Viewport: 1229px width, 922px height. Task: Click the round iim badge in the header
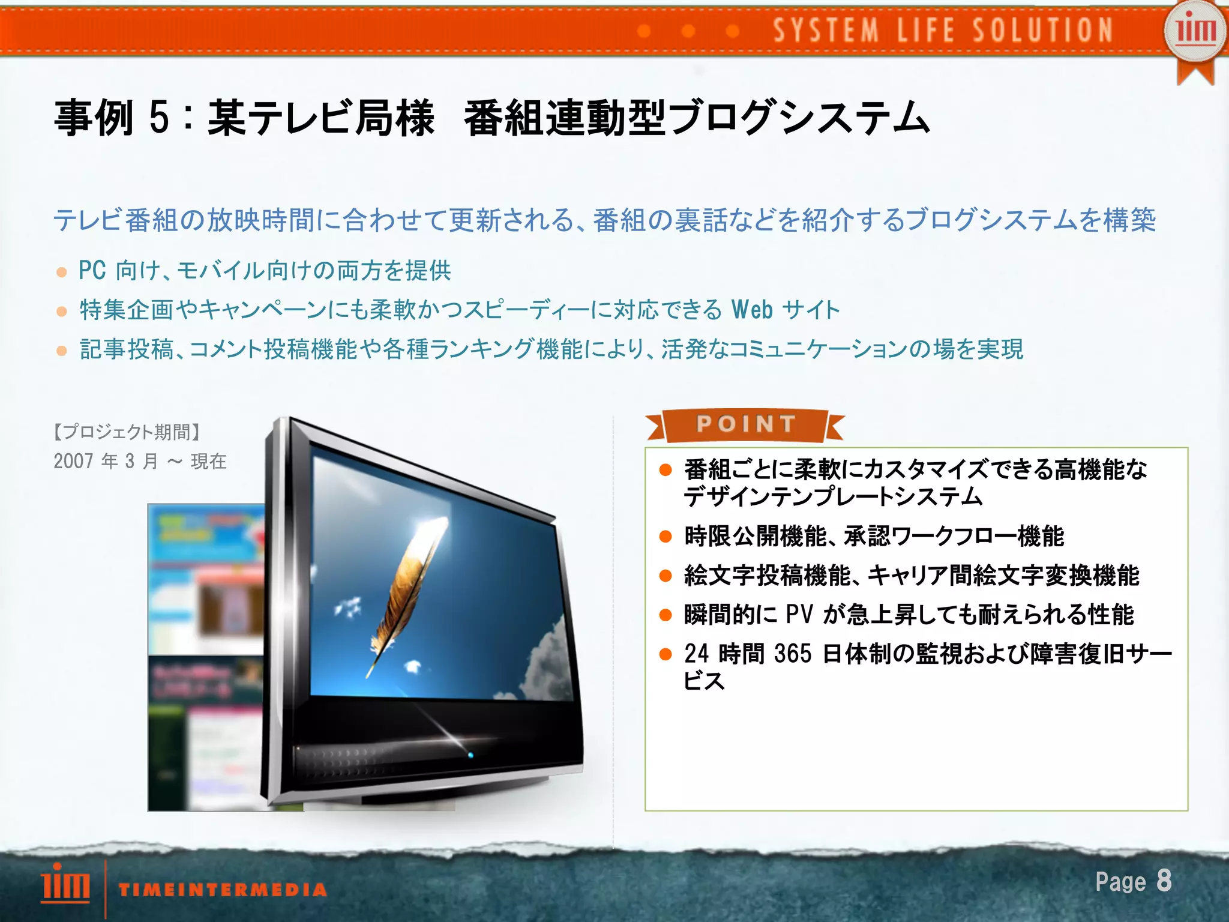coord(1195,31)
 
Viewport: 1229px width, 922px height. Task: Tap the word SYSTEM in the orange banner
coord(826,30)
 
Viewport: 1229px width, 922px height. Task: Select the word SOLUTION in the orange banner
coord(1043,30)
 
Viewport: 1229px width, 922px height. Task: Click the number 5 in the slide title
coord(160,117)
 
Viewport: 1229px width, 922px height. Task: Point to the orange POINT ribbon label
coord(745,424)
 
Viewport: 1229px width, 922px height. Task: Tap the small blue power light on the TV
coord(470,755)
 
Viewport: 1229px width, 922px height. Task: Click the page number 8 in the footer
coord(1164,881)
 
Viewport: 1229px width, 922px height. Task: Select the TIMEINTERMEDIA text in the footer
coord(223,890)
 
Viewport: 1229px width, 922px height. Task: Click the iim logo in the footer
coord(65,883)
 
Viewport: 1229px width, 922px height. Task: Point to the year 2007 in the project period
coord(73,461)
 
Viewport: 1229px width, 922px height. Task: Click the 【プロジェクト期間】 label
coord(127,432)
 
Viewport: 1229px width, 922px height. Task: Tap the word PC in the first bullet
coord(92,270)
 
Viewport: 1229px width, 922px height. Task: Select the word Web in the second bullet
coord(752,310)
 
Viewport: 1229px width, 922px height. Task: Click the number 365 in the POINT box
coord(793,654)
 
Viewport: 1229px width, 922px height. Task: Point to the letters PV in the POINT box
coord(799,615)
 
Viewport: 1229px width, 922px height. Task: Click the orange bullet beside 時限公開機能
coord(665,536)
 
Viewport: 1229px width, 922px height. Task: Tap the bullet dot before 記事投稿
coord(61,351)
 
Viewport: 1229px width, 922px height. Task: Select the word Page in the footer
coord(1120,882)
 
